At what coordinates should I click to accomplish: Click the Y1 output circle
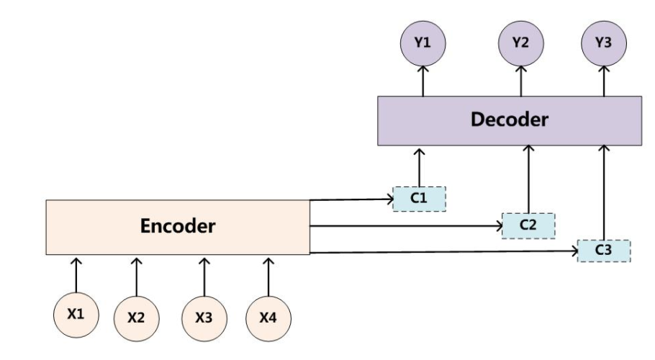click(x=423, y=43)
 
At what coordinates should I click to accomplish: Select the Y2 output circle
click(x=521, y=43)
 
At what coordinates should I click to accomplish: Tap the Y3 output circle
click(x=604, y=43)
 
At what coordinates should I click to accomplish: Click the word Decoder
click(x=509, y=120)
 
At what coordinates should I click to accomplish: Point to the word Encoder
click(x=178, y=226)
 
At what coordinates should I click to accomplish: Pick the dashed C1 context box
click(x=420, y=199)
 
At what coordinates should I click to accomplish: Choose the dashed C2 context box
click(x=528, y=226)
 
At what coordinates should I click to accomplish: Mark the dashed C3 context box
click(x=604, y=251)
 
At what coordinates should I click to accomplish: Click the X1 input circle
click(x=76, y=315)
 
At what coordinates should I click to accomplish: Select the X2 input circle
click(x=137, y=318)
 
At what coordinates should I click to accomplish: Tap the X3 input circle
click(x=204, y=318)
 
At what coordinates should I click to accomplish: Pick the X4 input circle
click(x=268, y=318)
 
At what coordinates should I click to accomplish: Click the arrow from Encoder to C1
click(x=351, y=199)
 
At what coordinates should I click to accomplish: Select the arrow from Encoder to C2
click(x=406, y=226)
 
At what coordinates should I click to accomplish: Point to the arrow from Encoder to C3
click(x=443, y=252)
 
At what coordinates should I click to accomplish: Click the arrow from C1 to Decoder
click(x=419, y=168)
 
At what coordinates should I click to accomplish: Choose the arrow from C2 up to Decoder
click(x=528, y=179)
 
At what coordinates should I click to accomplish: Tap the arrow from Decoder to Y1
click(x=423, y=81)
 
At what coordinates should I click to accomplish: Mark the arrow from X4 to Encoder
click(x=268, y=277)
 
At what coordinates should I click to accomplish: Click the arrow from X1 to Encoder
click(x=76, y=275)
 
